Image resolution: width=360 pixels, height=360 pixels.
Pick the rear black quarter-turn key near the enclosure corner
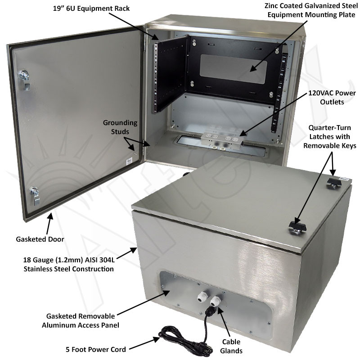(x=333, y=181)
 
